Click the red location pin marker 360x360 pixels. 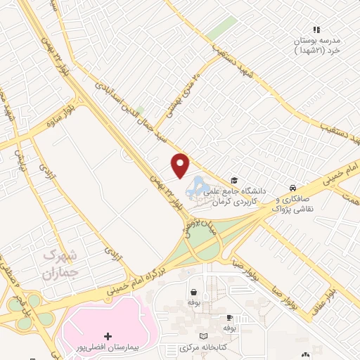pos(181,165)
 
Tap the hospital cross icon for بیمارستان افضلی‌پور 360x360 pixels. pos(107,335)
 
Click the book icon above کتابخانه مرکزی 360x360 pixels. pos(204,336)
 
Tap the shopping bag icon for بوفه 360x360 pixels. pos(193,292)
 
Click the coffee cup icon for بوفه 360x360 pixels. pos(229,317)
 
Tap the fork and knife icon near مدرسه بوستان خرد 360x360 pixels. pos(316,30)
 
